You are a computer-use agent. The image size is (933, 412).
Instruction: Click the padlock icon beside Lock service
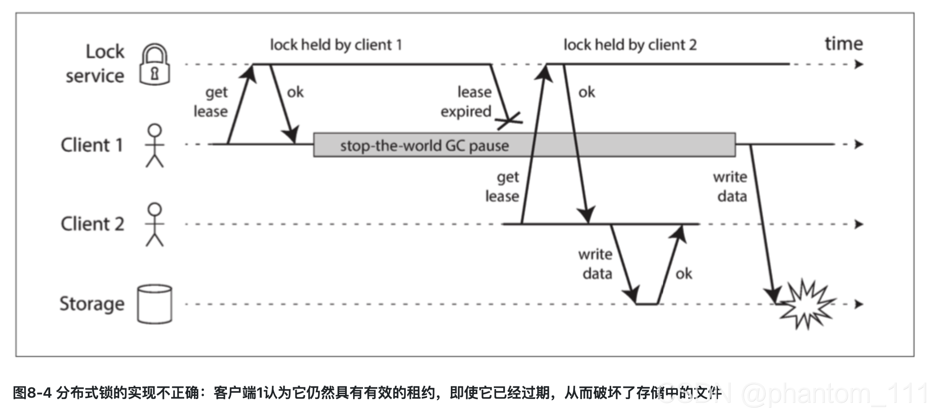[x=155, y=65]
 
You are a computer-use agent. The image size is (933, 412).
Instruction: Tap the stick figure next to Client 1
[x=155, y=146]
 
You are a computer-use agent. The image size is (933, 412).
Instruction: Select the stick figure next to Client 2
[x=155, y=224]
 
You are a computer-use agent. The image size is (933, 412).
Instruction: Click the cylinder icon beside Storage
[x=155, y=304]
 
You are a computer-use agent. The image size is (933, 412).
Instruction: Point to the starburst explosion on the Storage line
[x=806, y=305]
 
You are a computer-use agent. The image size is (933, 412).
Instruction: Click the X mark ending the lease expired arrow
[x=510, y=120]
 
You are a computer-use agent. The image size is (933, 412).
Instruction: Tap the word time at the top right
[x=843, y=44]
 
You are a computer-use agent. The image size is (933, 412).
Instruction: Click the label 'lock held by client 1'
[x=336, y=45]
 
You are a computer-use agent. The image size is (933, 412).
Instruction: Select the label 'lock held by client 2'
[x=630, y=45]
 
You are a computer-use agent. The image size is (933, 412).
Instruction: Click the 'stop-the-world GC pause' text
[x=424, y=146]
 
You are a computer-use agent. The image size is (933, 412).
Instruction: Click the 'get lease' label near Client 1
[x=211, y=102]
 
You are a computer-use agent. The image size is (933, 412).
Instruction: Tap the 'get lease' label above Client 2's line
[x=502, y=187]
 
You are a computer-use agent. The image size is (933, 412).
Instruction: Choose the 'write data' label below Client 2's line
[x=596, y=264]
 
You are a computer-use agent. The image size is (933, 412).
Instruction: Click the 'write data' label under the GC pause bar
[x=730, y=187]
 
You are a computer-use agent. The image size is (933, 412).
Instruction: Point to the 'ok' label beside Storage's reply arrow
[x=683, y=274]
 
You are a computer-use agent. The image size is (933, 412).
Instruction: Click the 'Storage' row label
[x=92, y=304]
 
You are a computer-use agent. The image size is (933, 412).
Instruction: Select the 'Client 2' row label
[x=92, y=224]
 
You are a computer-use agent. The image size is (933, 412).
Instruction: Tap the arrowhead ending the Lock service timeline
[x=859, y=64]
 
